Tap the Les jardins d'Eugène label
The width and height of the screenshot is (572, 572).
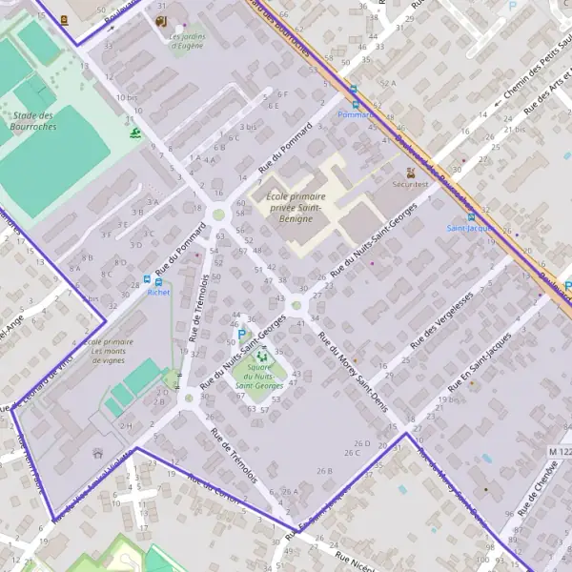pyautogui.click(x=186, y=42)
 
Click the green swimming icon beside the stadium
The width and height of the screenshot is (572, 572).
pyautogui.click(x=136, y=133)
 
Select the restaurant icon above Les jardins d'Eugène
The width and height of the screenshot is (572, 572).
pyautogui.click(x=160, y=20)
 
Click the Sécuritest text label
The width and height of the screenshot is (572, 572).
pyautogui.click(x=411, y=188)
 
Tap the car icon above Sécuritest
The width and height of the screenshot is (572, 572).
pyautogui.click(x=411, y=174)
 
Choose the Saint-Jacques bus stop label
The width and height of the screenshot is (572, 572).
pyautogui.click(x=463, y=229)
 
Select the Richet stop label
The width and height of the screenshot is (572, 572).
pyautogui.click(x=158, y=293)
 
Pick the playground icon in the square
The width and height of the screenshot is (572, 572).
pyautogui.click(x=262, y=357)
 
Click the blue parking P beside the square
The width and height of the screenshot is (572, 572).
pyautogui.click(x=241, y=336)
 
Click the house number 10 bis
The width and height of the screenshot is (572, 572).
pyautogui.click(x=125, y=98)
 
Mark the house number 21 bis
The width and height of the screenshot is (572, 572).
pyautogui.click(x=516, y=129)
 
